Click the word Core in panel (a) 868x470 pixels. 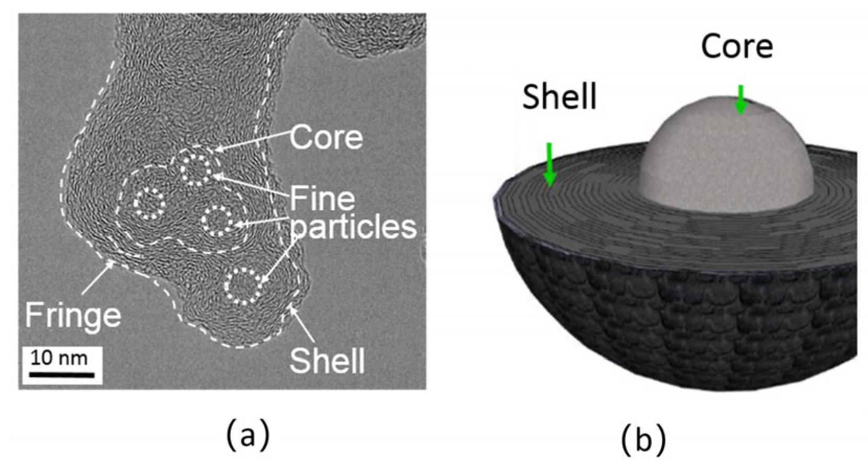click(x=326, y=137)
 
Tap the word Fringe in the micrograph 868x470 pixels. click(x=73, y=315)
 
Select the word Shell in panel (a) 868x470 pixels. click(x=327, y=360)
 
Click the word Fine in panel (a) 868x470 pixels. click(x=322, y=199)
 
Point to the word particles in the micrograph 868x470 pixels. click(x=354, y=226)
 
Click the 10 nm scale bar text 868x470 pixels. click(x=59, y=358)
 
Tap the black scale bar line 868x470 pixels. click(x=61, y=374)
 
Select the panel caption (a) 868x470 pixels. click(x=248, y=436)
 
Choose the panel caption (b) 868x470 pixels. click(x=643, y=439)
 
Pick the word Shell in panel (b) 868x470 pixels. click(x=559, y=97)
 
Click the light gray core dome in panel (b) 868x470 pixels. click(x=726, y=157)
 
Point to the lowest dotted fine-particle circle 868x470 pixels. click(x=243, y=285)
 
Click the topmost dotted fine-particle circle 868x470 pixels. click(x=197, y=168)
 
